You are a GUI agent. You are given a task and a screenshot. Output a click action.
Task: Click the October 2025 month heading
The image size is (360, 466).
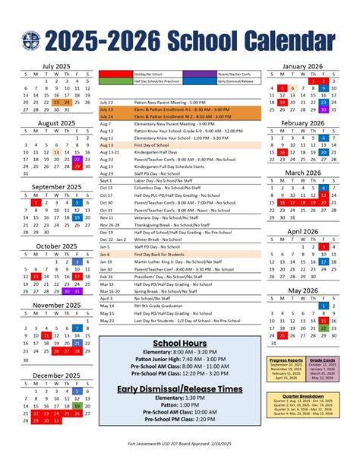pos(57,246)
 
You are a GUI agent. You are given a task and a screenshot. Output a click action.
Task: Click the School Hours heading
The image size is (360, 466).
pos(179,344)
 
